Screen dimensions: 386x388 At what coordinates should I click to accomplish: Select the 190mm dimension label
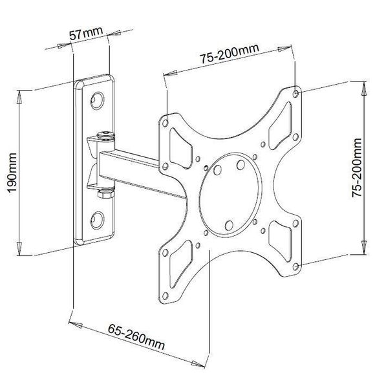point(12,173)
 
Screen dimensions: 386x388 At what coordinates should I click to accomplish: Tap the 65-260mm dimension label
point(136,337)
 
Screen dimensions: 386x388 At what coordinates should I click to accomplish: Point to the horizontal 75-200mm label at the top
point(230,54)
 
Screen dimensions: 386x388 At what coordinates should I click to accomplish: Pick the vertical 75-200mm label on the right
point(357,167)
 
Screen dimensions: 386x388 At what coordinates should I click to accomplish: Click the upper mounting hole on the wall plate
point(97,100)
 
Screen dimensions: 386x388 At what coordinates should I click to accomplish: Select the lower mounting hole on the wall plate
point(97,221)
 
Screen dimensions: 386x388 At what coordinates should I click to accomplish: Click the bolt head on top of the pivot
point(105,136)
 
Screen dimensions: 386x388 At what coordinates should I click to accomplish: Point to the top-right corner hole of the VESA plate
point(295,94)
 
